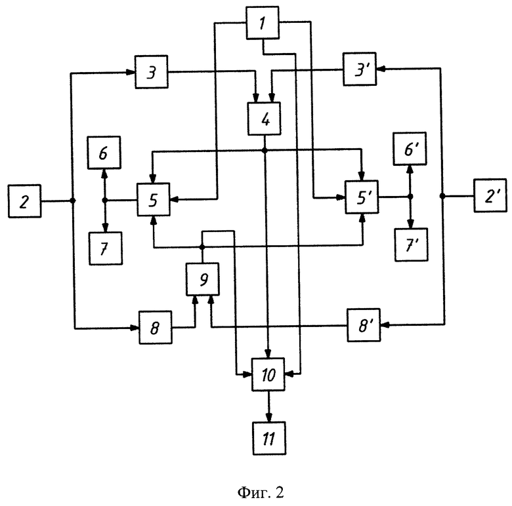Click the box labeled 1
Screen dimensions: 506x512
click(x=263, y=23)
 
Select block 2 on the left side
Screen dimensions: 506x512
click(x=25, y=201)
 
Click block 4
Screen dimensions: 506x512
click(x=263, y=119)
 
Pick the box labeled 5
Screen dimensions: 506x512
click(x=153, y=199)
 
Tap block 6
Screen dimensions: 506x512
click(x=105, y=154)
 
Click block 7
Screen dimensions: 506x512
click(x=105, y=248)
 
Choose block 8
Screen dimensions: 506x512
click(x=156, y=328)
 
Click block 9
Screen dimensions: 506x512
click(x=203, y=279)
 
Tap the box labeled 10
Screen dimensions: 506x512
click(x=268, y=375)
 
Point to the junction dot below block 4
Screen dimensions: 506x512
click(x=264, y=151)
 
